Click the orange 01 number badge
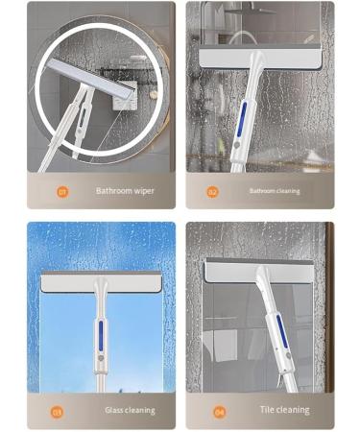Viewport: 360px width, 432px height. pos(62,191)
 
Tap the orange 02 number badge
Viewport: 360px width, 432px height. pos(214,191)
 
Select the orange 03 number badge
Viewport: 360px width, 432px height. pos(57,412)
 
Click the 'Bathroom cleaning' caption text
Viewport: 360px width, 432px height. pos(275,191)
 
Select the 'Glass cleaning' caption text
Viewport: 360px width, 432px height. pos(130,411)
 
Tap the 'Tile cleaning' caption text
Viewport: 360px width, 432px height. pos(285,411)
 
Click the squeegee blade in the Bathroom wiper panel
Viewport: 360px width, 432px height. pos(97,85)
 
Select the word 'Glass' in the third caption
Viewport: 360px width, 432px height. pos(117,411)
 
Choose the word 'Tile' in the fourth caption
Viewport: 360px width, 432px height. pos(269,411)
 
